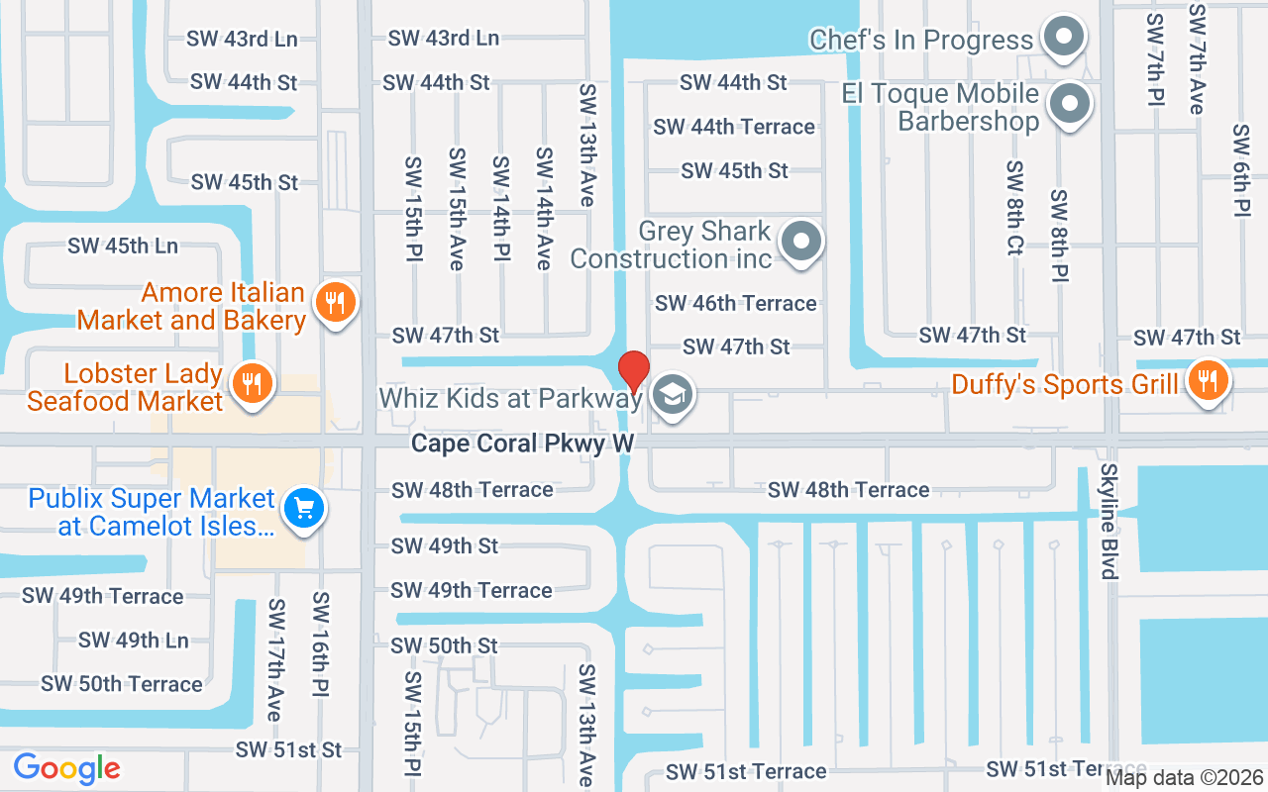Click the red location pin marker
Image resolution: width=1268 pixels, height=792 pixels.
click(633, 372)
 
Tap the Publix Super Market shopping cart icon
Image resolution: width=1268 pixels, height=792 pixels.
click(303, 509)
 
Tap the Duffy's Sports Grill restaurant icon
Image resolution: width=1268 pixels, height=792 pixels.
click(1207, 380)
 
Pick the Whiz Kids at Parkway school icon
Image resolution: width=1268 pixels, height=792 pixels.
click(673, 396)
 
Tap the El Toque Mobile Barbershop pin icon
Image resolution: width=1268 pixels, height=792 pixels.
click(1070, 103)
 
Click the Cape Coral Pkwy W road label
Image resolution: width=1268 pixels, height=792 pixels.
click(522, 443)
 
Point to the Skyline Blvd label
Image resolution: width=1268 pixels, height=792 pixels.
click(1109, 521)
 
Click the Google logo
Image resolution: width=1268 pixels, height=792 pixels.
click(66, 768)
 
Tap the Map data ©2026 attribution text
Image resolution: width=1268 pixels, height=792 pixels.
click(1184, 777)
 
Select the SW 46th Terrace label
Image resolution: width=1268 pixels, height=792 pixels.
click(736, 303)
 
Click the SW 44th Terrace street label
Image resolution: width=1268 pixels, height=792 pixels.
click(734, 127)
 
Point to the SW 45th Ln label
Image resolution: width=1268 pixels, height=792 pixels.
click(123, 246)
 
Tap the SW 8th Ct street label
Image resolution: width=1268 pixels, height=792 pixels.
click(1013, 208)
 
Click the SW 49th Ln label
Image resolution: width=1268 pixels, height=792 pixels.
click(133, 640)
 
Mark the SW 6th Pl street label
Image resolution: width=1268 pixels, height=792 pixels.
click(1242, 170)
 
